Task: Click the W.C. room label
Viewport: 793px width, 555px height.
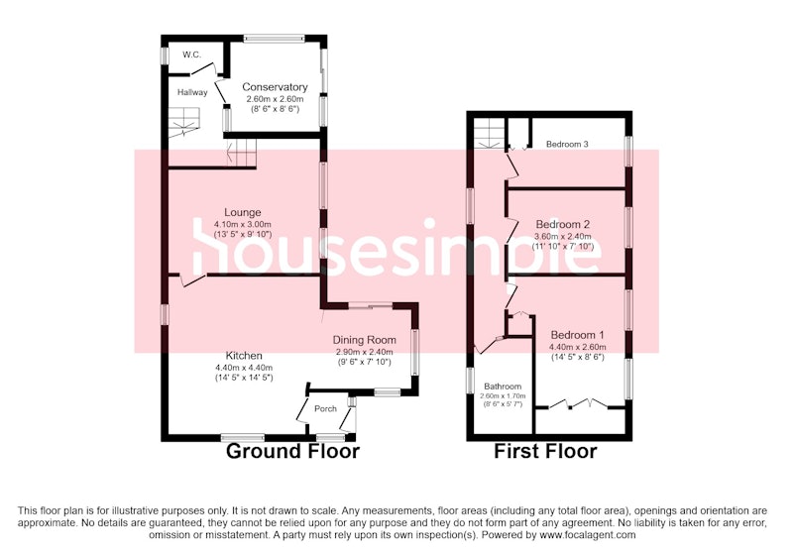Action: coord(191,55)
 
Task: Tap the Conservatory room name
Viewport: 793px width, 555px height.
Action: coord(275,87)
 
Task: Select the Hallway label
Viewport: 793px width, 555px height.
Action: coord(192,92)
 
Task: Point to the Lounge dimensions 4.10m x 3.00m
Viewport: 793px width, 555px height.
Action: coord(243,224)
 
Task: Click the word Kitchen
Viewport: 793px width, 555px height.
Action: coord(244,356)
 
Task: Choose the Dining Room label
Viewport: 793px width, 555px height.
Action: coord(364,340)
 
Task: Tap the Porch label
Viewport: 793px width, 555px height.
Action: coord(325,408)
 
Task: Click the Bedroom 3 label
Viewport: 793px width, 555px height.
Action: coord(567,144)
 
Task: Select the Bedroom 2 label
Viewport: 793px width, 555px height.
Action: coord(563,224)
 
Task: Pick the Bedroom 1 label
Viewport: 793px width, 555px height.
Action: coord(577,335)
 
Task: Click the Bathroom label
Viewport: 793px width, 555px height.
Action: coord(503,387)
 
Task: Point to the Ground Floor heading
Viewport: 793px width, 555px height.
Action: coord(292,451)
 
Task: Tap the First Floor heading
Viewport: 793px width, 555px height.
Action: coord(545,451)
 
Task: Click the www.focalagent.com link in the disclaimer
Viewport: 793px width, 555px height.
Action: coord(588,534)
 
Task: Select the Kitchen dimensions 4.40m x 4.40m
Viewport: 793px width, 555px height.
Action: coord(244,368)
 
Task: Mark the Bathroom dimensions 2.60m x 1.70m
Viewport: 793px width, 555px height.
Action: coord(503,396)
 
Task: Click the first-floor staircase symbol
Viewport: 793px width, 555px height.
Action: coord(489,133)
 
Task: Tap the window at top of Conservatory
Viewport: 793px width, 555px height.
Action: coord(275,38)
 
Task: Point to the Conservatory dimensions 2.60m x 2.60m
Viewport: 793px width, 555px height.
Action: coord(276,99)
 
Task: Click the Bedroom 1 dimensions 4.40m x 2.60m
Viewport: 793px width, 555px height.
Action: coord(578,347)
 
